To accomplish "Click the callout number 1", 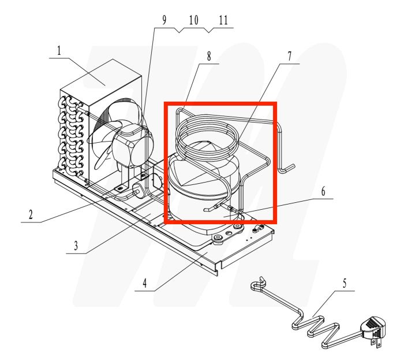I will [58, 51].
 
